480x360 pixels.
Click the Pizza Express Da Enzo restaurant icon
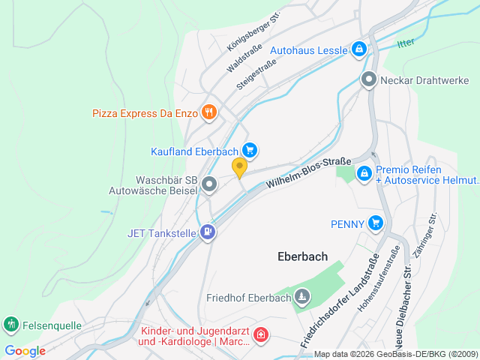pyautogui.click(x=209, y=113)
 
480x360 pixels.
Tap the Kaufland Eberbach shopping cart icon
pyautogui.click(x=250, y=151)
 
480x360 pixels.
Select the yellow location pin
pyautogui.click(x=239, y=168)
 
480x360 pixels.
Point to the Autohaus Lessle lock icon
pyautogui.click(x=359, y=50)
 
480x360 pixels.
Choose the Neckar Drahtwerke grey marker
pyautogui.click(x=368, y=79)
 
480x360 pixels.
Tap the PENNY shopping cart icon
pyautogui.click(x=376, y=223)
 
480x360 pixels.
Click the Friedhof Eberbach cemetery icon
pyautogui.click(x=301, y=297)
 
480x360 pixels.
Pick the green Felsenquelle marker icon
pyautogui.click(x=10, y=325)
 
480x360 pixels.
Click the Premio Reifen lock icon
pyautogui.click(x=364, y=174)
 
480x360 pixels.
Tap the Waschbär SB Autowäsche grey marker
pyautogui.click(x=209, y=183)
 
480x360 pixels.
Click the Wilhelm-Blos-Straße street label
pyautogui.click(x=308, y=172)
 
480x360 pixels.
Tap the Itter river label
pyautogui.click(x=405, y=43)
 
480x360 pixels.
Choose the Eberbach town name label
pyautogui.click(x=302, y=256)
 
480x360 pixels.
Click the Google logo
pyautogui.click(x=25, y=350)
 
